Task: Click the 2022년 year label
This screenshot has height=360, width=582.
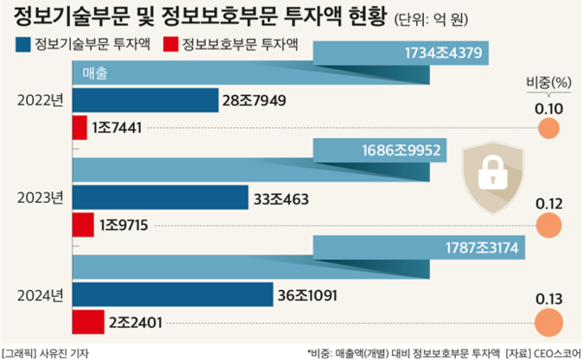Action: [40, 100]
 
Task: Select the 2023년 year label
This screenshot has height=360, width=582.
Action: [40, 198]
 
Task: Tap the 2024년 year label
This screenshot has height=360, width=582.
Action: [40, 294]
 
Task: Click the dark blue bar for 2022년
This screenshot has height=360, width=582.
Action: [145, 100]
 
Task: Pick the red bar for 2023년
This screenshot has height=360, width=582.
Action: [82, 224]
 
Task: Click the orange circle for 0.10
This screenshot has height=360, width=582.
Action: [549, 127]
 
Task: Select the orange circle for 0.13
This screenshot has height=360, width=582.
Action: [549, 322]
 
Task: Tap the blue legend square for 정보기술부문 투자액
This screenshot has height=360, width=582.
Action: [23, 44]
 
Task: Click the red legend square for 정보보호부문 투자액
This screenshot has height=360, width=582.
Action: [171, 44]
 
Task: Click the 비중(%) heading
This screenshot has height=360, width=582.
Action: [549, 83]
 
